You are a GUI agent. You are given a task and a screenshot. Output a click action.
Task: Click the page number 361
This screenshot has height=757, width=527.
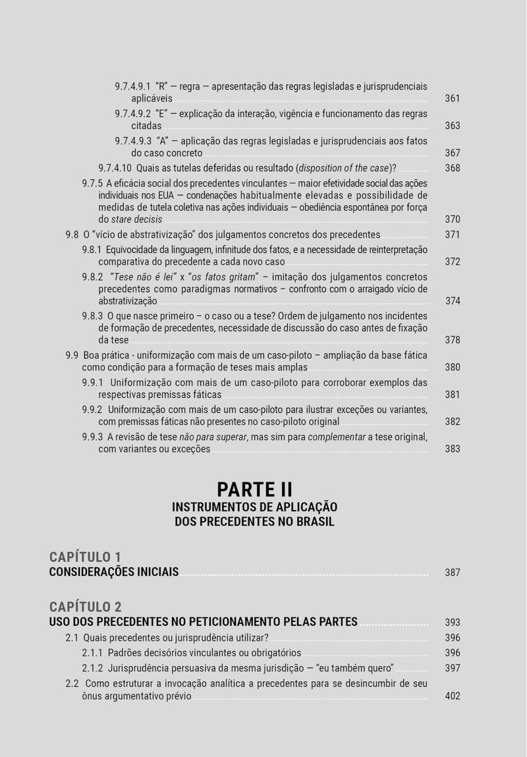tap(452, 99)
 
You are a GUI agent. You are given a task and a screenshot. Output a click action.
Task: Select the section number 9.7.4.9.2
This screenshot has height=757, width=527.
tap(133, 114)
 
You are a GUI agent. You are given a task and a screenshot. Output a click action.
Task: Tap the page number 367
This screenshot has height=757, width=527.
tap(452, 154)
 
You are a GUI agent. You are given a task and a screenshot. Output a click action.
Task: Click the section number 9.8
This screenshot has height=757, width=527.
tap(72, 235)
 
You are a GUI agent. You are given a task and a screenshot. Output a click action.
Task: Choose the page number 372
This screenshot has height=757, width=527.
tap(452, 262)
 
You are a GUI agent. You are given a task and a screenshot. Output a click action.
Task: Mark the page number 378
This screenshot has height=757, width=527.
tap(452, 341)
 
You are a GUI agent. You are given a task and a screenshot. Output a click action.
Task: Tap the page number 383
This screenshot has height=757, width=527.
tap(452, 449)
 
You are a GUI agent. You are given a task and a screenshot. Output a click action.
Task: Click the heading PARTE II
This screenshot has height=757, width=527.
tap(254, 490)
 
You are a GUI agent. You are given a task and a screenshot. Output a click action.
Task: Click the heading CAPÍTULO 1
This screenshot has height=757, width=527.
tap(85, 557)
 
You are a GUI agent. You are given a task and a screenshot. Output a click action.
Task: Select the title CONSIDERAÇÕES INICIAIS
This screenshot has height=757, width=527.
tap(114, 572)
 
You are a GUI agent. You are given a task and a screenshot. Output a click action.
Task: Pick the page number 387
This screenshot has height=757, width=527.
tap(452, 573)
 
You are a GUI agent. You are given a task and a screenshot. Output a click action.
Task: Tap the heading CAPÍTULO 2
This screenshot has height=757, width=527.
tap(85, 607)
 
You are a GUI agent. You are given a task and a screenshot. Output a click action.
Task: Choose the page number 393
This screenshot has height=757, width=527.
tap(452, 623)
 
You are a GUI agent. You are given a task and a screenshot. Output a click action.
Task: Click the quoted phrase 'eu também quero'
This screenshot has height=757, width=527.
tap(356, 668)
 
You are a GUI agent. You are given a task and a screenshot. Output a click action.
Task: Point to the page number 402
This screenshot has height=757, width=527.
tap(452, 696)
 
